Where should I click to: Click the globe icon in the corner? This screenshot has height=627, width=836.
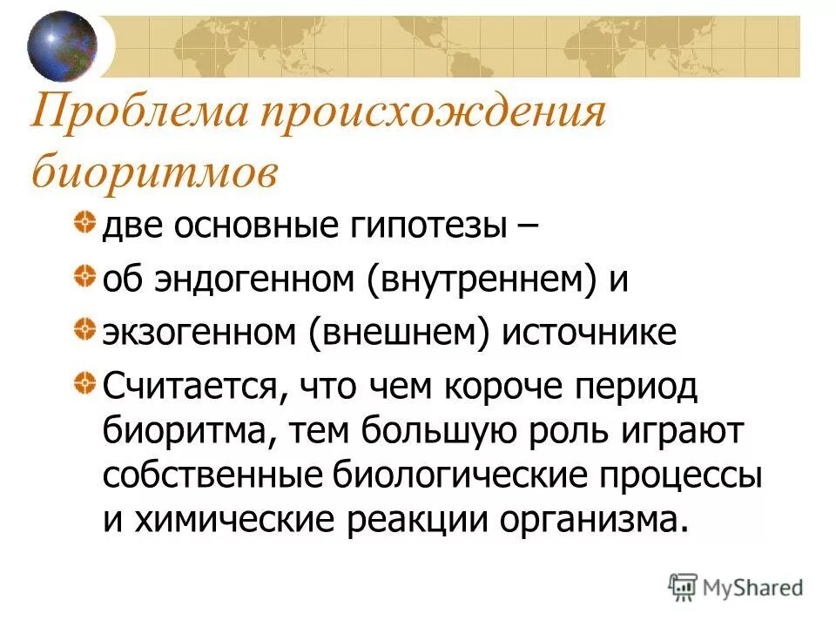pyautogui.click(x=61, y=44)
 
